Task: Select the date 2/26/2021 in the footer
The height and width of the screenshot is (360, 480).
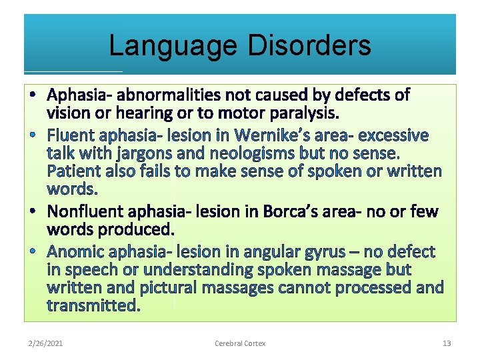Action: pos(46,343)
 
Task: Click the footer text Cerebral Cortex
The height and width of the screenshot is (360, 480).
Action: pos(240,343)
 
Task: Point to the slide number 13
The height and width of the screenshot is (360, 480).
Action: pos(447,343)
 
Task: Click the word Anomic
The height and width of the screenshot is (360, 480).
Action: pos(75,252)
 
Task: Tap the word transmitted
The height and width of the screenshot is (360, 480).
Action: pos(93,306)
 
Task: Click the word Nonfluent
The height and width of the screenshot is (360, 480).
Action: pos(88,212)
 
